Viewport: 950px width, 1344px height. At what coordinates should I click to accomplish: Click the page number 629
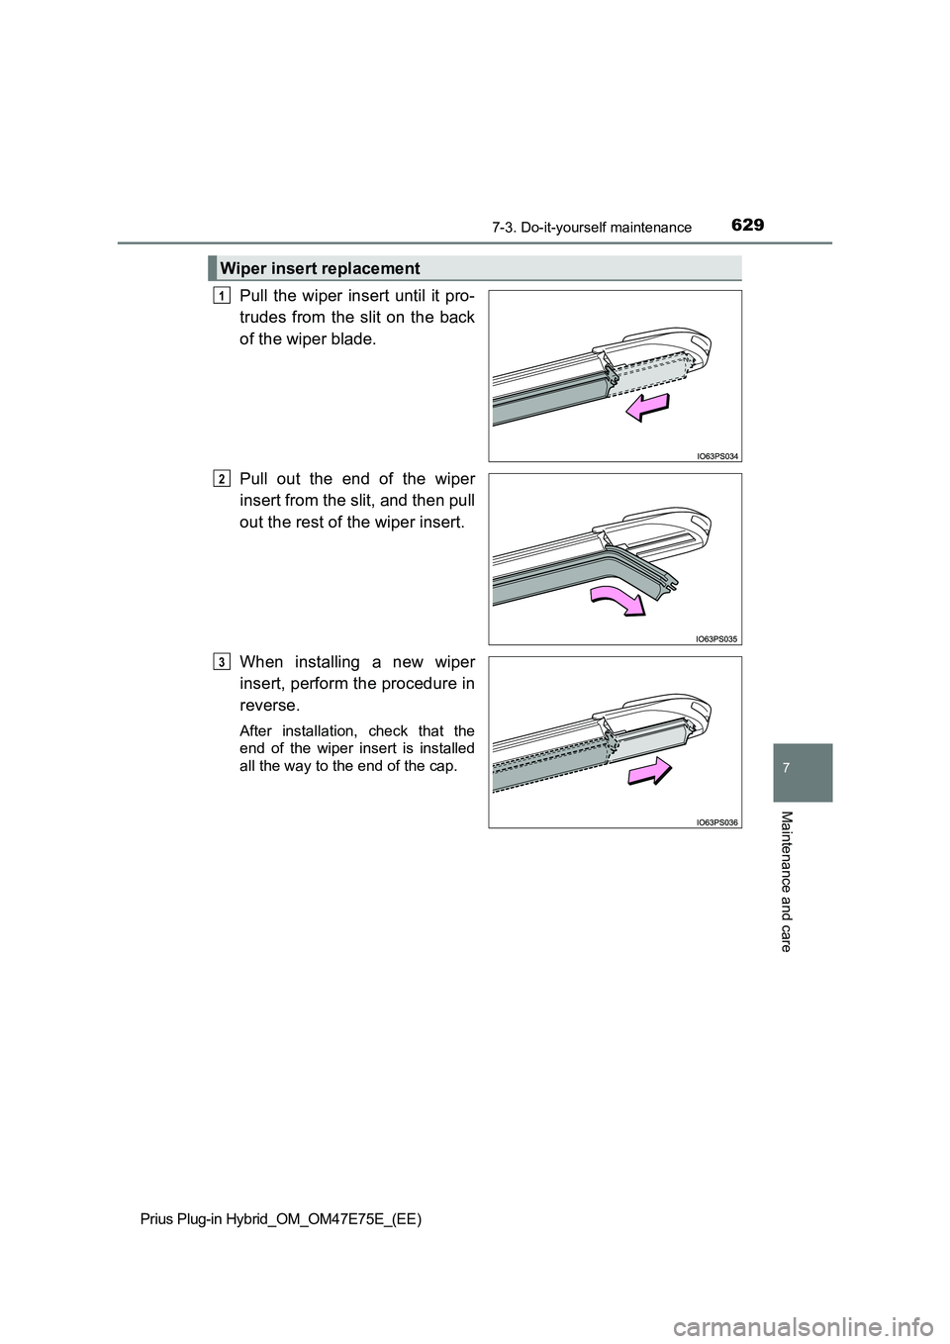coord(749,226)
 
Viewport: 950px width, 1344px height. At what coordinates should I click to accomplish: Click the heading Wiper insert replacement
coord(320,268)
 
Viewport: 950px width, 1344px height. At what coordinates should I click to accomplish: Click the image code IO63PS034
coord(716,455)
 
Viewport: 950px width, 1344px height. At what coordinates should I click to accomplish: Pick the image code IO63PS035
coord(716,638)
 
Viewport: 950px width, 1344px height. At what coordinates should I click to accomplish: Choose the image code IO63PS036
coord(716,821)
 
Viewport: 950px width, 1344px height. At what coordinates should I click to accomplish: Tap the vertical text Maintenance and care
coord(787,881)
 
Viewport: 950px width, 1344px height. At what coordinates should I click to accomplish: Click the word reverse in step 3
coord(269,705)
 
